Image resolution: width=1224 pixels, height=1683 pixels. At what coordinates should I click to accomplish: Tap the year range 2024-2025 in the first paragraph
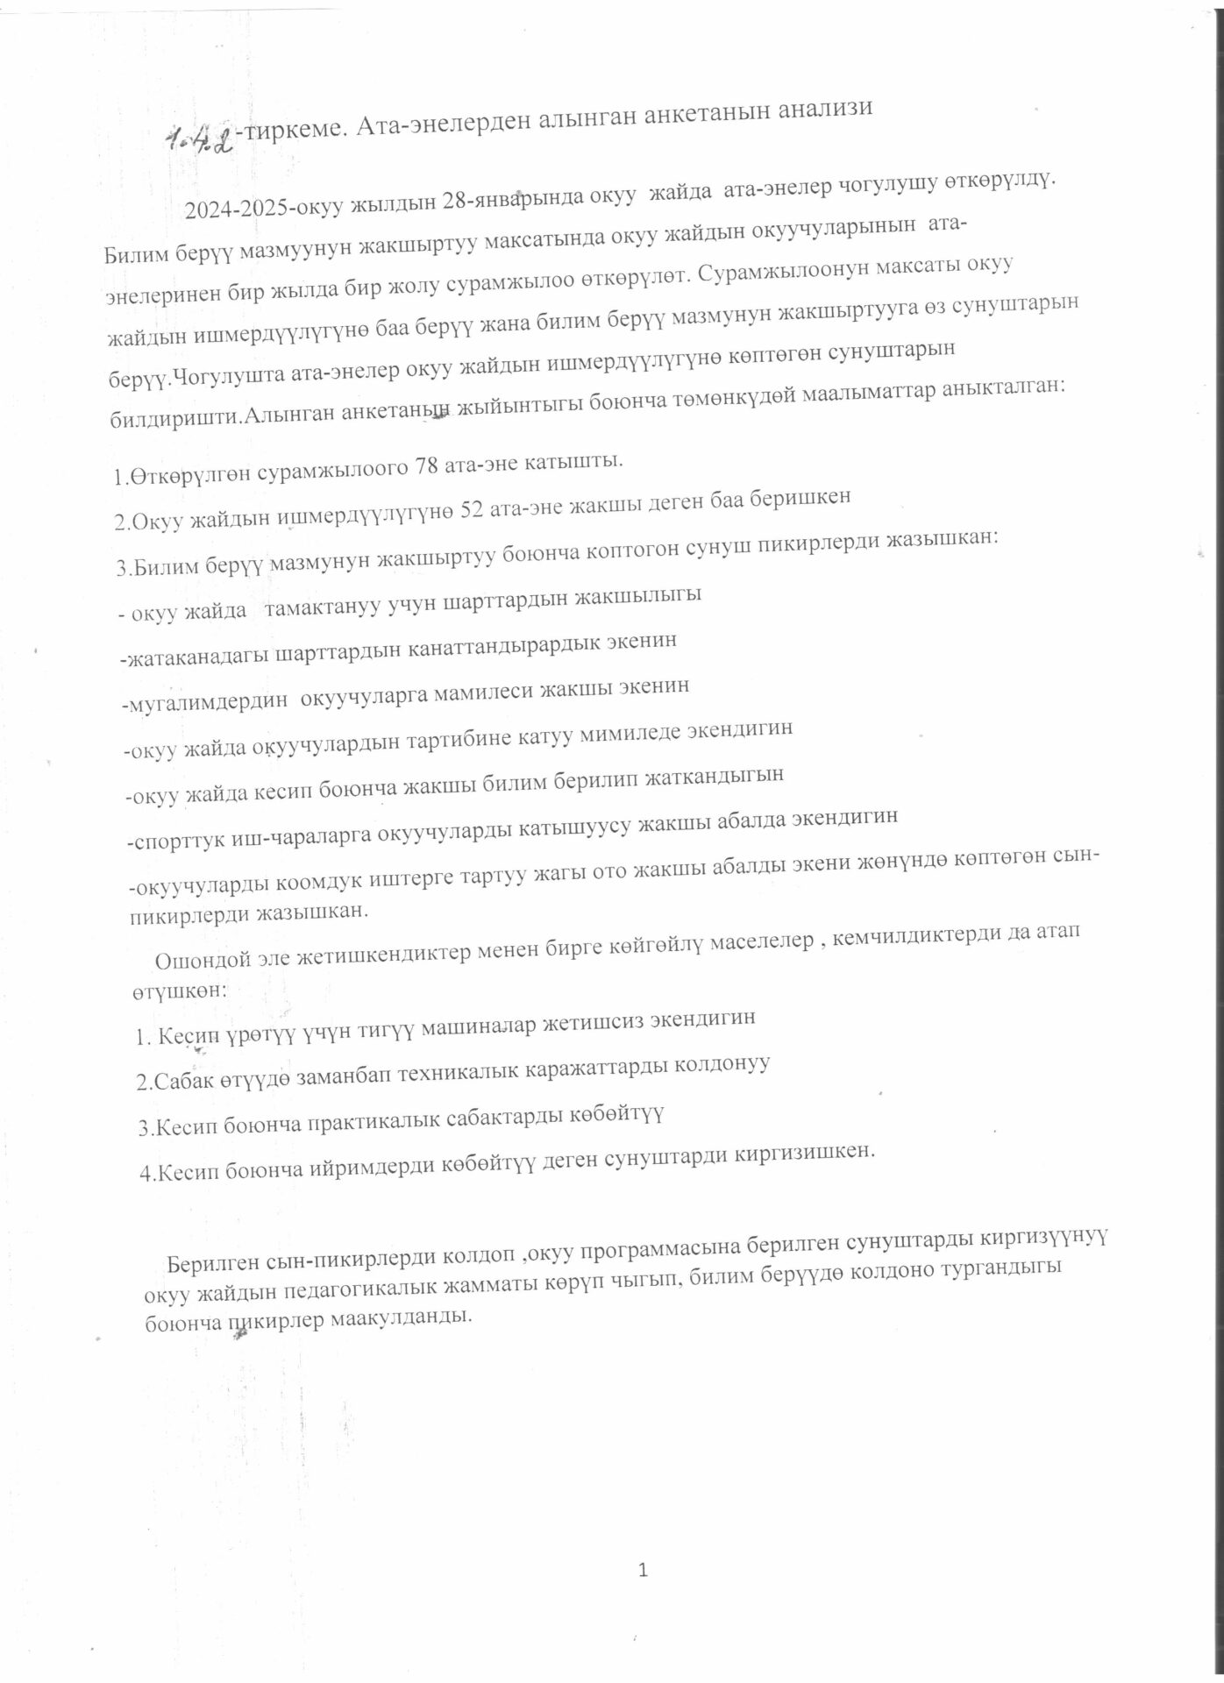(x=236, y=209)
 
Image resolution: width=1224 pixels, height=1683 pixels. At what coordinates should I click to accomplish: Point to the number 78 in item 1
(x=425, y=465)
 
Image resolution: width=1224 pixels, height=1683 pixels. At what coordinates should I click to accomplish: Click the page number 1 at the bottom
(x=643, y=1570)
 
